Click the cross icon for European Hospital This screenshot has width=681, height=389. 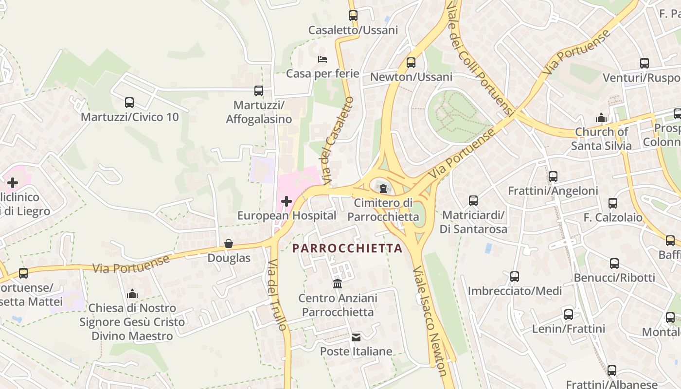point(286,201)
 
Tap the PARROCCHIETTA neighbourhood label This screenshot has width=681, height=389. point(347,248)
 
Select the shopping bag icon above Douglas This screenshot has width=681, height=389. point(229,244)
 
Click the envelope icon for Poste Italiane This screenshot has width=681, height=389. point(356,337)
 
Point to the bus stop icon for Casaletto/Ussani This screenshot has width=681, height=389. point(353,16)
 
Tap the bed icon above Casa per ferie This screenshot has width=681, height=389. point(322,59)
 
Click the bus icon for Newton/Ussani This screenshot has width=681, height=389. point(411,63)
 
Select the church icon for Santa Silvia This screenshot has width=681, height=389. point(601,118)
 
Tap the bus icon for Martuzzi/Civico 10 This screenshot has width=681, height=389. point(129,103)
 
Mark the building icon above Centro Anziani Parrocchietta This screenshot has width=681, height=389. point(337,283)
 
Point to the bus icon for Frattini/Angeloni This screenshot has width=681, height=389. point(553,177)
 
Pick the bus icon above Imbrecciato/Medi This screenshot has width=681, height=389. point(515,277)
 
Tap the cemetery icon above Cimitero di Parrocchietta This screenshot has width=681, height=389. point(383,188)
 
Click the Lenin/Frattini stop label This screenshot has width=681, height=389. point(569,329)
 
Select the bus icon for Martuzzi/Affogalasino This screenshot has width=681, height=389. point(259,91)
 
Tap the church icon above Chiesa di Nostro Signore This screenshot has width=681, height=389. point(132,294)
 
